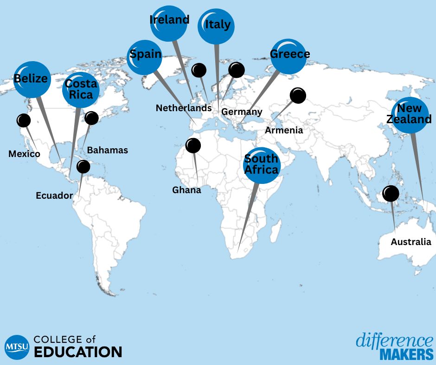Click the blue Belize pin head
tap(32, 79)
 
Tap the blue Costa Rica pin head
tap(81, 90)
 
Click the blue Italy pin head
tap(217, 26)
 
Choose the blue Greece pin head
tap(289, 55)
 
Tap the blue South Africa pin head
tap(262, 165)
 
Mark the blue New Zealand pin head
tap(410, 115)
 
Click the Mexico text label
tap(24, 154)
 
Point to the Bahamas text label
tap(107, 150)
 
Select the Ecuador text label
tap(54, 195)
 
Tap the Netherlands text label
tap(184, 108)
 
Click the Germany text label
tap(242, 112)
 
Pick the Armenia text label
tap(284, 130)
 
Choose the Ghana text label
tap(186, 190)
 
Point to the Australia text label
tap(410, 242)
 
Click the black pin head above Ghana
tap(193, 145)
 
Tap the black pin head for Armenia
tap(298, 95)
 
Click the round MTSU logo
tap(16, 346)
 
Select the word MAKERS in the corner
tap(406, 355)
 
